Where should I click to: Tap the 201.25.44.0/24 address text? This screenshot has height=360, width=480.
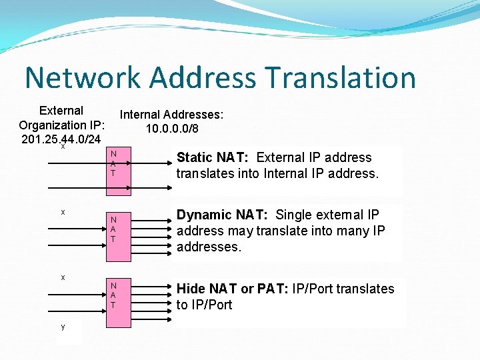tap(61, 139)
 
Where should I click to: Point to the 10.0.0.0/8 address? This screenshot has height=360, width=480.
tap(171, 129)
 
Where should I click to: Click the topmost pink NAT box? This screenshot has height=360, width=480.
tap(113, 164)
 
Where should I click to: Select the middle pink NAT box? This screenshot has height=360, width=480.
tap(113, 229)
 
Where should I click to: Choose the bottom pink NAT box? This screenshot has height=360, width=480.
tap(113, 295)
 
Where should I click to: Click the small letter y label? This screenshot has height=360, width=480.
tap(63, 327)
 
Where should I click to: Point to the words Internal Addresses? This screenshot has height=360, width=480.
tap(171, 115)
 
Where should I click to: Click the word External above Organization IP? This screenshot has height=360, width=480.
tap(61, 111)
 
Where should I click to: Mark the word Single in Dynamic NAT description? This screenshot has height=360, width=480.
tap(295, 215)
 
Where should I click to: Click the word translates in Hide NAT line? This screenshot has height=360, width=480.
tap(366, 289)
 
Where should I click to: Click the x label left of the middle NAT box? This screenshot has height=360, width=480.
tap(63, 212)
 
